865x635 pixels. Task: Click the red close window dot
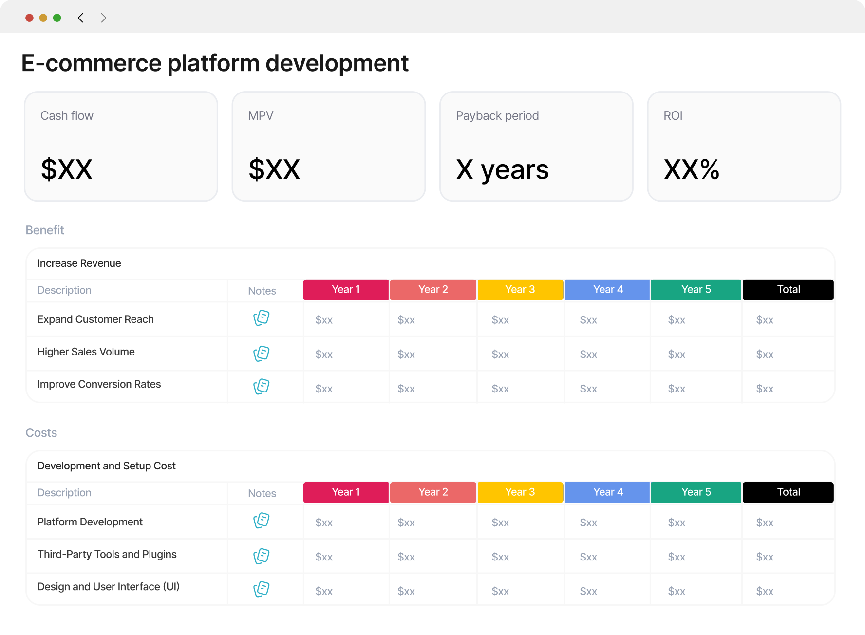29,18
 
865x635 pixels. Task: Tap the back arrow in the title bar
81,18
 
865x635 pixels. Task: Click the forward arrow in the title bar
103,18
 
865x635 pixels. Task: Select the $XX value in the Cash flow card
67,169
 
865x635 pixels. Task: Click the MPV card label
261,116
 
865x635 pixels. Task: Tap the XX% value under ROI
692,169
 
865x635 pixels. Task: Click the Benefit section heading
45,230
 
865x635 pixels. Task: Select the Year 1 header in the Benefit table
346,290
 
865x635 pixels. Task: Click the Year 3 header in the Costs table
520,492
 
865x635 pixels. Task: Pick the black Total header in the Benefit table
788,290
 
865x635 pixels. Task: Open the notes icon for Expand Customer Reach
262,318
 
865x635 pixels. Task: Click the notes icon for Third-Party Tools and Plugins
262,556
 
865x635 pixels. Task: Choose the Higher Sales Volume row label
86,352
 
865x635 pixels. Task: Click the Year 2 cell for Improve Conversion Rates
406,389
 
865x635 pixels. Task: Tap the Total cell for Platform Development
765,523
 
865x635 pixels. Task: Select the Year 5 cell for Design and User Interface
677,591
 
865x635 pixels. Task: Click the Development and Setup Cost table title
107,466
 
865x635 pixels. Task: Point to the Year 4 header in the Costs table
608,492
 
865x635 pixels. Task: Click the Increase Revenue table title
79,263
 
